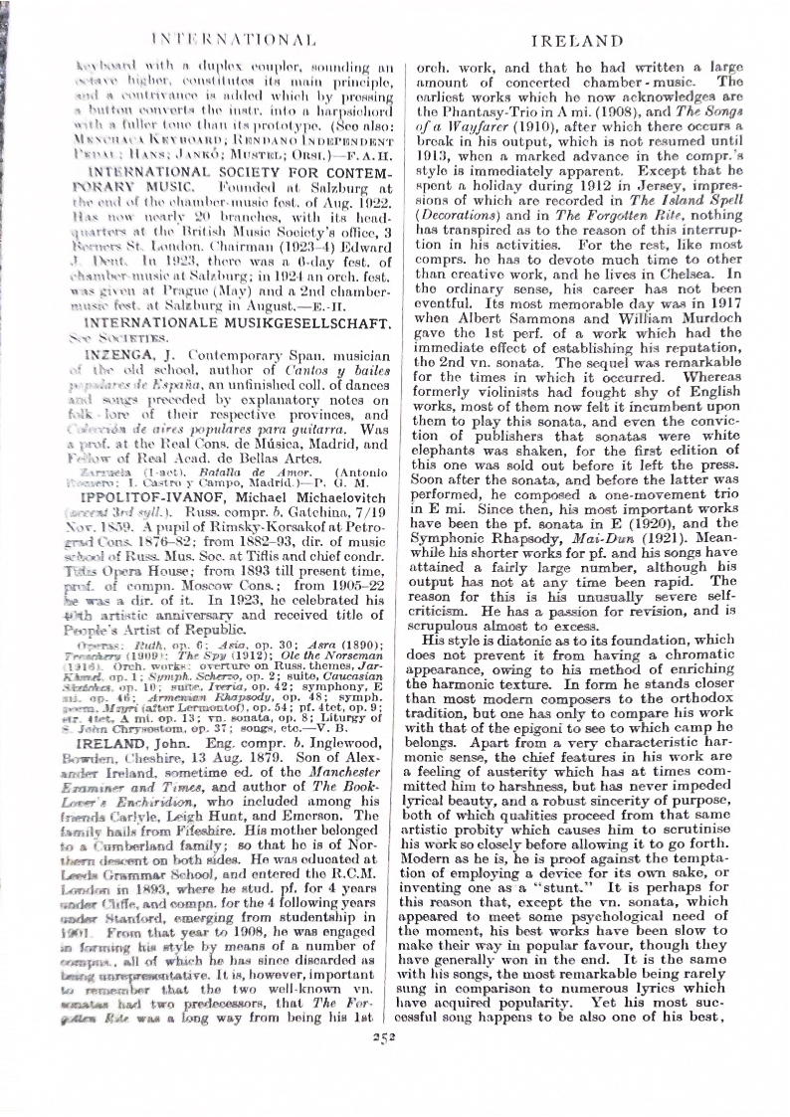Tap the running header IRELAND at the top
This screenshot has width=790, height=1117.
[577, 41]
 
